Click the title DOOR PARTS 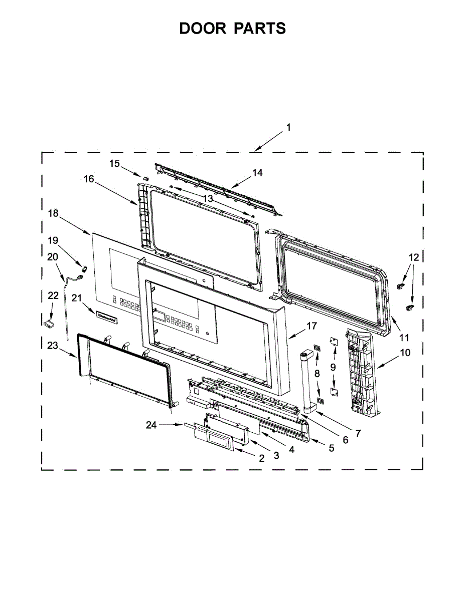pyautogui.click(x=232, y=29)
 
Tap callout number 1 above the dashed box pyautogui.click(x=288, y=128)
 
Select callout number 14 pyautogui.click(x=257, y=173)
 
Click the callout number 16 pyautogui.click(x=89, y=179)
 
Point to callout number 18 pyautogui.click(x=53, y=213)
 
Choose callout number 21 pyautogui.click(x=77, y=298)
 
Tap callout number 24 pyautogui.click(x=151, y=425)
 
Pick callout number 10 pyautogui.click(x=405, y=352)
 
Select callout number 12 pyautogui.click(x=413, y=257)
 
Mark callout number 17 pyautogui.click(x=312, y=326)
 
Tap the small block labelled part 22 pyautogui.click(x=49, y=324)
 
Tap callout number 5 pyautogui.click(x=331, y=448)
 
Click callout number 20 pyautogui.click(x=53, y=257)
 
